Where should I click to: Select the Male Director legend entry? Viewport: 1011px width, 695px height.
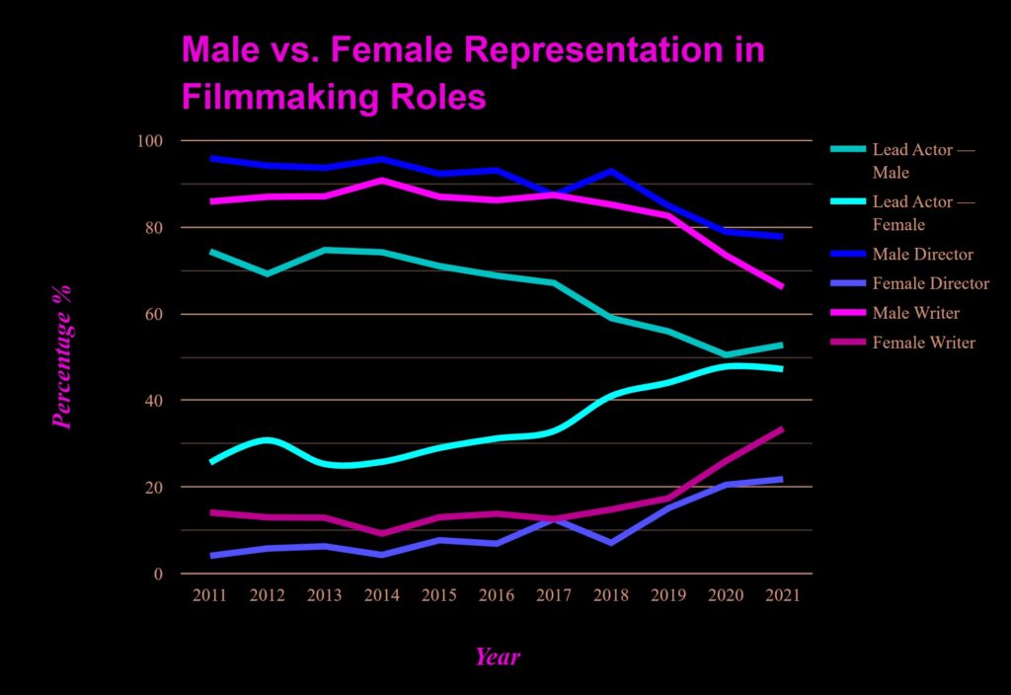923,255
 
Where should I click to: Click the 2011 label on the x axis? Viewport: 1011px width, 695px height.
210,596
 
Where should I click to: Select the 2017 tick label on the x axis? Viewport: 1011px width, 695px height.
554,596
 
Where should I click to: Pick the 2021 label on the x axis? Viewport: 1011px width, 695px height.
782,596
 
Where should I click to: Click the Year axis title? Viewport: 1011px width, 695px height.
497,656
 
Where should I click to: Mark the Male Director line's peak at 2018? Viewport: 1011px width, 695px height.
611,171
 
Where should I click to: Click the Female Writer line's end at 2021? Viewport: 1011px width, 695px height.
782,429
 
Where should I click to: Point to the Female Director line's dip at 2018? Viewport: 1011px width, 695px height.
611,543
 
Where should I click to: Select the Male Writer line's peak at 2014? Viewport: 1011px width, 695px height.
382,180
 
